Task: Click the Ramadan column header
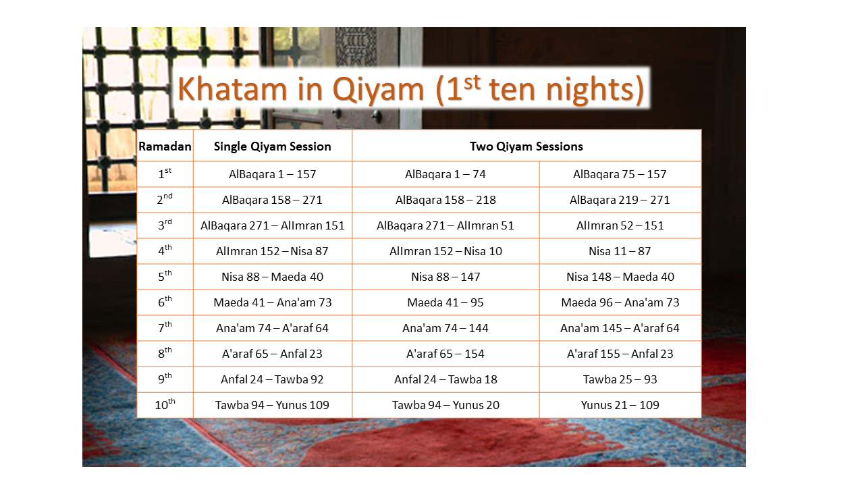[x=165, y=146]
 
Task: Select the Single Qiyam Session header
[x=272, y=146]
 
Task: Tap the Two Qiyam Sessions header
[x=526, y=146]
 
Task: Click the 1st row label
[x=165, y=174]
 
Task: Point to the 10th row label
[x=165, y=404]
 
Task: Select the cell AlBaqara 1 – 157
[x=272, y=174]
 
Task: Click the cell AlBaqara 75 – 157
[x=620, y=174]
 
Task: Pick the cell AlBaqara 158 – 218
[x=446, y=200]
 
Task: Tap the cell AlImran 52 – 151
[x=620, y=225]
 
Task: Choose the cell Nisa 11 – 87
[x=620, y=251]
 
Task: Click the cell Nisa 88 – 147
[x=446, y=277]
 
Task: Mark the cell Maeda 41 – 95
[x=445, y=302]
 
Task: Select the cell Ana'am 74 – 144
[x=445, y=328]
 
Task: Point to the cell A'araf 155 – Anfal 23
[x=620, y=354]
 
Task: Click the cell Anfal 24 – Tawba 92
[x=272, y=379]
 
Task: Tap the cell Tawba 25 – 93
[x=620, y=379]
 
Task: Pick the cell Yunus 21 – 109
[x=620, y=405]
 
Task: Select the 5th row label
[x=165, y=276]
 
